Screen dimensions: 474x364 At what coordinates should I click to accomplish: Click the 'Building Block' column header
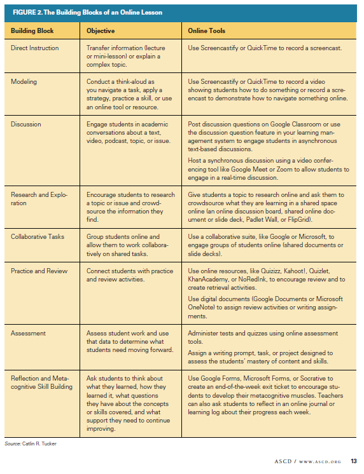[32, 30]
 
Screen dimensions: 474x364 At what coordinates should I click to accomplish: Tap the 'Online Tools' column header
[207, 30]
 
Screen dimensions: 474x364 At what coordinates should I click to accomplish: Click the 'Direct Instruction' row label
[35, 48]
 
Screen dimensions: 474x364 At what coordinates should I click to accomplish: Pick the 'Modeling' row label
[24, 81]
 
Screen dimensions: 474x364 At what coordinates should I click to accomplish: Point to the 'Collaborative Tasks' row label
[38, 236]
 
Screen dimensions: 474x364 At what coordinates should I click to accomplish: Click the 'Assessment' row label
[28, 332]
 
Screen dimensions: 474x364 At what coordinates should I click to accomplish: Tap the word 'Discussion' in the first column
[26, 125]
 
